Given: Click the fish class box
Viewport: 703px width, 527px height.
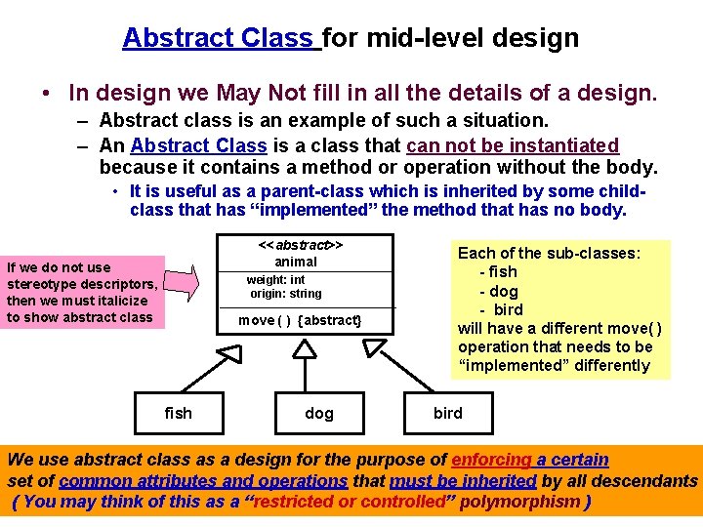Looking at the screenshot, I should click(179, 412).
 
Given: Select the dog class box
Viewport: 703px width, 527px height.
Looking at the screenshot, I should click(319, 413).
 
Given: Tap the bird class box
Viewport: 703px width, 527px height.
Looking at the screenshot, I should click(448, 412).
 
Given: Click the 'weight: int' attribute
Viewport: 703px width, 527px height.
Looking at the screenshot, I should click(275, 280).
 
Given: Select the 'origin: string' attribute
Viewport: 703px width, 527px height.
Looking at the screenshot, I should click(285, 294).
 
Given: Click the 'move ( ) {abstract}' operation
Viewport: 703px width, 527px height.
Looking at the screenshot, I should click(300, 321).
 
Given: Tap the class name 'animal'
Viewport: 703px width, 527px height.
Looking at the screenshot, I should click(296, 262).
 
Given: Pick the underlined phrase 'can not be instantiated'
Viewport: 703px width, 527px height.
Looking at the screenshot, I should click(513, 145).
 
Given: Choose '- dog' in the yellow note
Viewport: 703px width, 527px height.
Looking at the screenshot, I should click(498, 291).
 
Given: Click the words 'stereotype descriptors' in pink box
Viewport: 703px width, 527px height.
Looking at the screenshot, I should click(81, 284).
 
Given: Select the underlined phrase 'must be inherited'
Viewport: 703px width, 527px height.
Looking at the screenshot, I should click(463, 480).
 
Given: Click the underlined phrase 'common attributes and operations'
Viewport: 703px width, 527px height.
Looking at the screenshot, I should click(203, 480).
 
